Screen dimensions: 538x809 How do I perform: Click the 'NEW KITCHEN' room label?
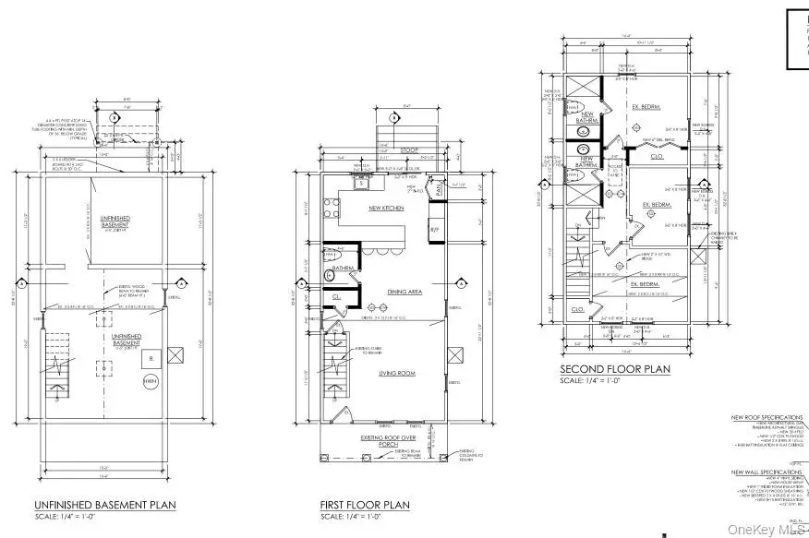click(x=386, y=209)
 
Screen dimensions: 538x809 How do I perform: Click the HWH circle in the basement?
click(x=150, y=380)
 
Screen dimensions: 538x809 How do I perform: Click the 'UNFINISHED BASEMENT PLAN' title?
click(x=104, y=505)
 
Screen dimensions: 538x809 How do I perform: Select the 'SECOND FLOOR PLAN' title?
click(x=615, y=369)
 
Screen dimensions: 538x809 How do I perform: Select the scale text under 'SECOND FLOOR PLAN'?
click(x=597, y=381)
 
